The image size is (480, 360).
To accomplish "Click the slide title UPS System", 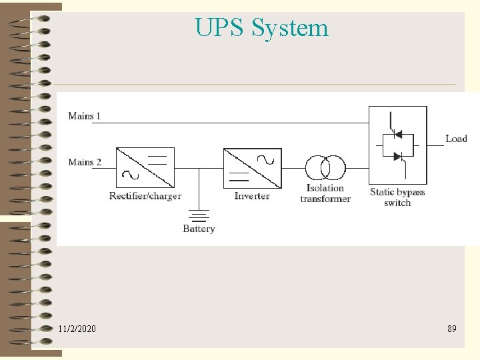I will tap(261, 28).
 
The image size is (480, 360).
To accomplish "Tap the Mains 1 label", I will tap(84, 116).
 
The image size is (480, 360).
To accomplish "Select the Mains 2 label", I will tap(84, 162).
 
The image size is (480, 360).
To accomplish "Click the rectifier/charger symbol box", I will tap(145, 167).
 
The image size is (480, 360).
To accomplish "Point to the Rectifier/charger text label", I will tap(145, 196).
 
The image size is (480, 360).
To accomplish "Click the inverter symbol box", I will tap(252, 167).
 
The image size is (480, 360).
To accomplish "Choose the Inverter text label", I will tap(252, 196).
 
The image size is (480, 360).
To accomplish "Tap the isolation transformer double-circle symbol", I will tap(325, 167).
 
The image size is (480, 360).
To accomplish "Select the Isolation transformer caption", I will tap(325, 193).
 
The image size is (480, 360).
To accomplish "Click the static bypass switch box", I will tap(397, 145).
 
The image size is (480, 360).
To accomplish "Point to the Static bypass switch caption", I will tap(397, 197).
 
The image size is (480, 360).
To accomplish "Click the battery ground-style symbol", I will tap(199, 215).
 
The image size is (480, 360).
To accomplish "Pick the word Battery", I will tap(199, 229).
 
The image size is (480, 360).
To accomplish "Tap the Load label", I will tap(456, 139).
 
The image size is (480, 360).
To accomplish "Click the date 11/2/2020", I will tap(77, 329).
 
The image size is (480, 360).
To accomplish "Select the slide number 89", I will tap(452, 329).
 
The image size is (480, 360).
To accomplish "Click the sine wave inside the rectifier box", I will tap(128, 176).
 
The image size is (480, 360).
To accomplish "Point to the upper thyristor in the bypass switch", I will tap(399, 134).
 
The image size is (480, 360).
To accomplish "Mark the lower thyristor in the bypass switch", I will tap(399, 157).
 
